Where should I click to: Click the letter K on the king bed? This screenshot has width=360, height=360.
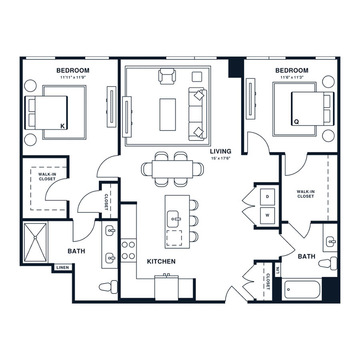[62, 126]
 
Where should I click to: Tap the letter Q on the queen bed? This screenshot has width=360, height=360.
[296, 122]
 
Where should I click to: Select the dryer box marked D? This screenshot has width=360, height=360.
[267, 197]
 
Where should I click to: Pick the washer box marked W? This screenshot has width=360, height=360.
[267, 215]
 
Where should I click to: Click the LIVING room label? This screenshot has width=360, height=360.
[221, 151]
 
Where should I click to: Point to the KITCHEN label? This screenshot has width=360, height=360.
[161, 261]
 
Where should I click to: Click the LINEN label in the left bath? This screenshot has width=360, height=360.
[62, 268]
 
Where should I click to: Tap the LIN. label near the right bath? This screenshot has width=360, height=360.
[278, 270]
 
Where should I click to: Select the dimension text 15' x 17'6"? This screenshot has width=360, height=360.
[221, 158]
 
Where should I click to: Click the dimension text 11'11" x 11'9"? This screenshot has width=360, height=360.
[73, 77]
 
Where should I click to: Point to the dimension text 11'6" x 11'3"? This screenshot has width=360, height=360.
[292, 77]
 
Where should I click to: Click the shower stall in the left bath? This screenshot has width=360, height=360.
[35, 242]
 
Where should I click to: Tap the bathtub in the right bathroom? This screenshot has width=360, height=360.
[302, 290]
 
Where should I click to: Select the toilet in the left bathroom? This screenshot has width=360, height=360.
[108, 287]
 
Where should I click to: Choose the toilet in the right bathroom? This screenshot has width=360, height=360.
[328, 263]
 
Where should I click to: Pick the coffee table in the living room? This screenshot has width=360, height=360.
[168, 115]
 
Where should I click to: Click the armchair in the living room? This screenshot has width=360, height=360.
[167, 76]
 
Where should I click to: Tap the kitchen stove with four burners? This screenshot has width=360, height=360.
[128, 250]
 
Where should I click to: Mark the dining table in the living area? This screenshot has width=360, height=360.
[172, 169]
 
